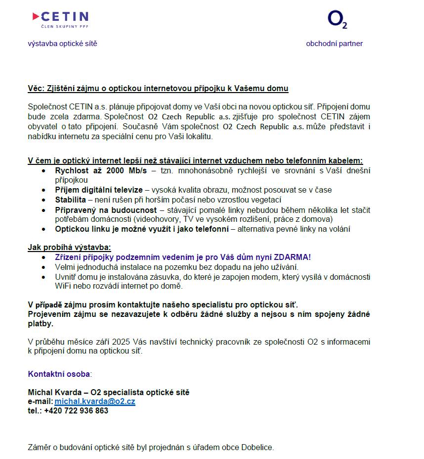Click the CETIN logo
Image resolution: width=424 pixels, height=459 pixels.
[x=60, y=19]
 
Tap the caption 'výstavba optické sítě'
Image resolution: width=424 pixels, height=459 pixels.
[x=62, y=44]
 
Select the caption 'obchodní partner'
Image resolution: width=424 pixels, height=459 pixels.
[x=334, y=44]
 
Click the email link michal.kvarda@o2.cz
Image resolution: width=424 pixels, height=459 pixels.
[x=95, y=402]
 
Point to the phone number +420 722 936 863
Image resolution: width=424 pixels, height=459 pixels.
[x=76, y=410]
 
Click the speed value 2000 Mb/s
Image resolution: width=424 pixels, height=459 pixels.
[x=129, y=171]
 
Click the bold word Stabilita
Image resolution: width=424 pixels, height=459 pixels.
[x=70, y=200]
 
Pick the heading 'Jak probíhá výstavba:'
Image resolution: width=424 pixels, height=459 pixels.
[x=69, y=247]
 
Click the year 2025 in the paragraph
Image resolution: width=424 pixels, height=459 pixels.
[x=121, y=342]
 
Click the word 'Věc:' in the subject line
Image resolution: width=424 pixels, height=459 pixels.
[x=36, y=89]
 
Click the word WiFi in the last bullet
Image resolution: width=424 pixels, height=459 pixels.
[x=64, y=286]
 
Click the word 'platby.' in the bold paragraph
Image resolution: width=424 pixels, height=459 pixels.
[x=41, y=324]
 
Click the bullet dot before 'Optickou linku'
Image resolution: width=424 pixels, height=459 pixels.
[x=44, y=229]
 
